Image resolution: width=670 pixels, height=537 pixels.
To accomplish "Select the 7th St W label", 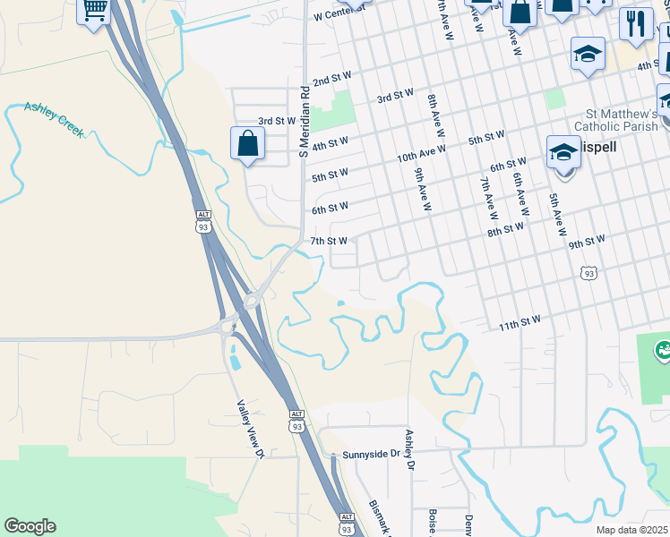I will click(329, 241).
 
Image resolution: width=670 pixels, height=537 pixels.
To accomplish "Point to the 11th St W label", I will click(520, 321).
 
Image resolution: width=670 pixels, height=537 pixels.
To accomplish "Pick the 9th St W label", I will click(587, 241).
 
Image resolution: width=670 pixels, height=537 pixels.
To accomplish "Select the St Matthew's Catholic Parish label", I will click(622, 121).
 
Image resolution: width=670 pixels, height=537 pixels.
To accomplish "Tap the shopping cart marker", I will click(95, 12).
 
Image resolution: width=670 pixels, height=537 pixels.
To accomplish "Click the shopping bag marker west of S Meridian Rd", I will click(247, 143).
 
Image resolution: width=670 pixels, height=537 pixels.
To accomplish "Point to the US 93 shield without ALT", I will click(587, 272).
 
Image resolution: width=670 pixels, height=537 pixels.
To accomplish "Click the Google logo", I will click(30, 526).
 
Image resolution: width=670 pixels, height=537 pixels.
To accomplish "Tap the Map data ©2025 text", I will click(631, 530).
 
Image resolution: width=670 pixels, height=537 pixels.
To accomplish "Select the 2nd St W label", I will click(331, 81).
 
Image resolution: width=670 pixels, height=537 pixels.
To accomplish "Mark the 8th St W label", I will click(505, 229).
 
